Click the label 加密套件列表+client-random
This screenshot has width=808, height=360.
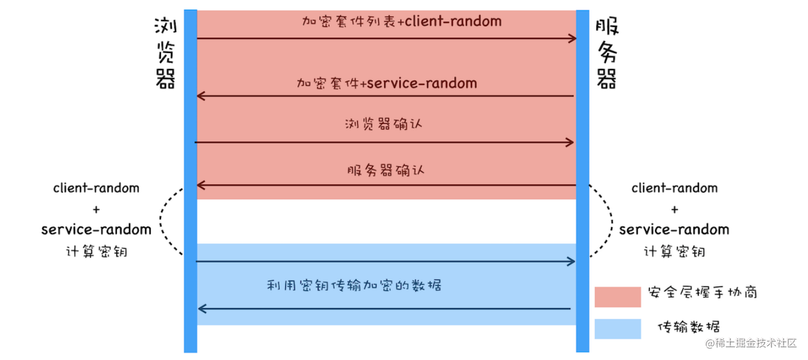tap(402, 22)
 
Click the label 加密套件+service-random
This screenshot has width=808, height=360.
tap(386, 83)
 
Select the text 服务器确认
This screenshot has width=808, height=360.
tap(385, 171)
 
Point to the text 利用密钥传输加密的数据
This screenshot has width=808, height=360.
tap(354, 285)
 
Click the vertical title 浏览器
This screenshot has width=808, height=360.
tap(165, 53)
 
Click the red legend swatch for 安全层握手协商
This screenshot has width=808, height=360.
tap(617, 297)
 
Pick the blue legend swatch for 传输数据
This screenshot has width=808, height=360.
tap(617, 329)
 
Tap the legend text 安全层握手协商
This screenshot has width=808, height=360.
tap(702, 293)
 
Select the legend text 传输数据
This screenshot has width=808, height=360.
tap(689, 327)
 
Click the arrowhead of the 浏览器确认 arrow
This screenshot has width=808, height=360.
tap(570, 143)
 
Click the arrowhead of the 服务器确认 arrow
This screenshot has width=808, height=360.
tap(200, 185)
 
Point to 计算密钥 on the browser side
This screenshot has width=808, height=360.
tap(96, 252)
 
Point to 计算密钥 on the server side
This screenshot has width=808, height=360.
tap(674, 252)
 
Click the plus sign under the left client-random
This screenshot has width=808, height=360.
tap(96, 209)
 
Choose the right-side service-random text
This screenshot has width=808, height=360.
tap(674, 229)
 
